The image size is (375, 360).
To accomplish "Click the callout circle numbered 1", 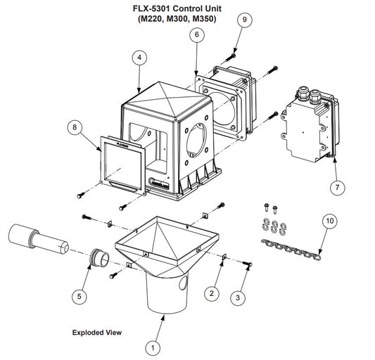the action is click(x=153, y=347).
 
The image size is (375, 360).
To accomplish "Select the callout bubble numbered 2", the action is click(x=212, y=293).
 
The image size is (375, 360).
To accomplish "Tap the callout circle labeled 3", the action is click(x=238, y=297).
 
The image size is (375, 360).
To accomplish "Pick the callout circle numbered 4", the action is click(x=139, y=58).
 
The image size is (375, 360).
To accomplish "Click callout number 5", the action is click(x=80, y=297).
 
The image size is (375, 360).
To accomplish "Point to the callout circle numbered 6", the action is click(x=197, y=34).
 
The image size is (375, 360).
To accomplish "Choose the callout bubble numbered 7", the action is click(x=338, y=188).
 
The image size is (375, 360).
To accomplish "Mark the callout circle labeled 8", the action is click(x=75, y=127).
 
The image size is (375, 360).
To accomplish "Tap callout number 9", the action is click(x=244, y=20).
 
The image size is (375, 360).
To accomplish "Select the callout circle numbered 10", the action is click(x=330, y=221).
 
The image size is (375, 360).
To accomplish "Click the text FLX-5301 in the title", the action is click(x=151, y=8).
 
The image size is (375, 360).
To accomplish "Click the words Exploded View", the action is click(x=97, y=333).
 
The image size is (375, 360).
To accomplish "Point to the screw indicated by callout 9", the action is click(x=230, y=57).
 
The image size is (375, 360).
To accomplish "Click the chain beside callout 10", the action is click(x=291, y=250).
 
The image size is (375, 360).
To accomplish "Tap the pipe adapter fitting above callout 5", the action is click(x=99, y=257).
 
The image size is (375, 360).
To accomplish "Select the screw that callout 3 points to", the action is click(x=248, y=264).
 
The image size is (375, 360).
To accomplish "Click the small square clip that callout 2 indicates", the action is click(x=224, y=257).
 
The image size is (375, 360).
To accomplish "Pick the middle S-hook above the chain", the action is click(x=274, y=226).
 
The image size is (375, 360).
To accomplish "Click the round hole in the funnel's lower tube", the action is click(x=183, y=283).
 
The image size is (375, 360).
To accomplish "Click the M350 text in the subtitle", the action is click(x=203, y=19).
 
